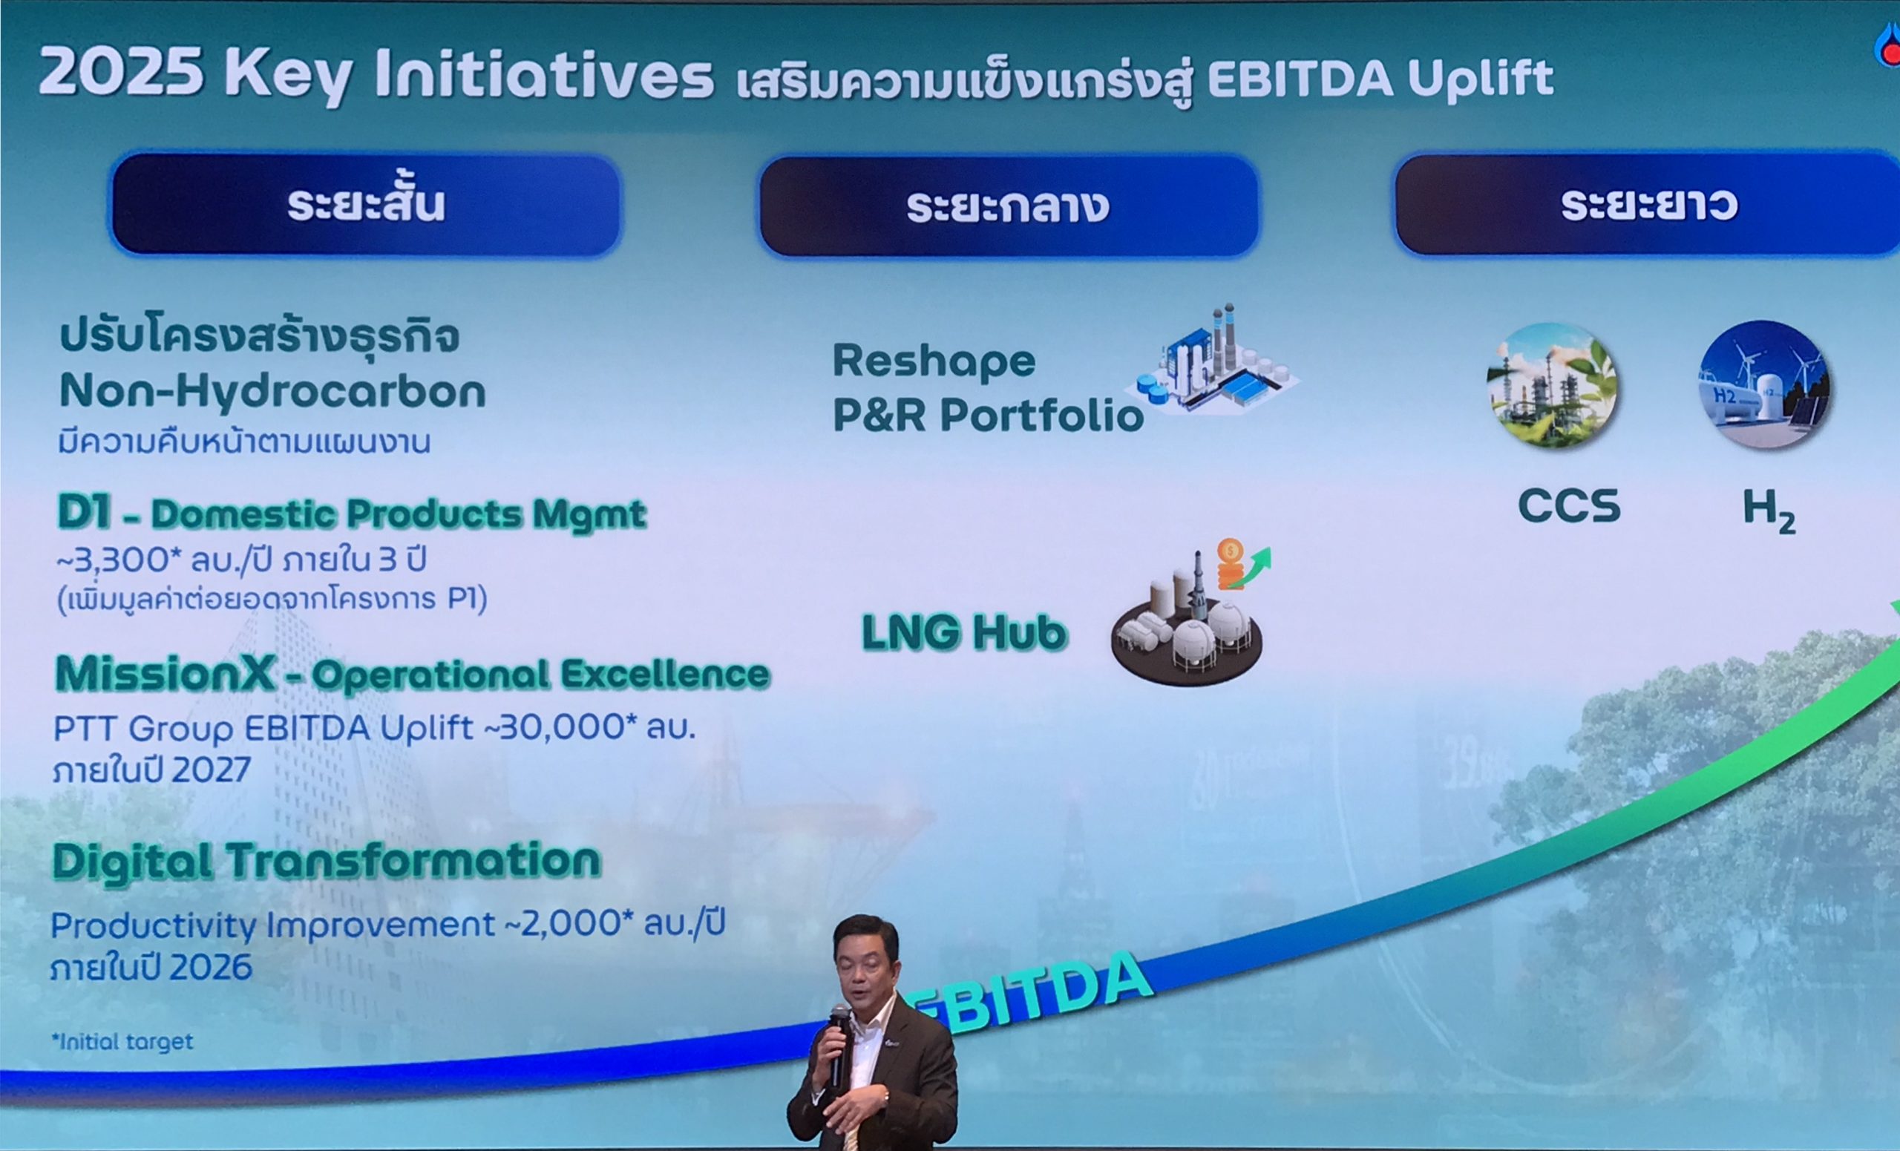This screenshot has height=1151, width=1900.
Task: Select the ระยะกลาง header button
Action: [1009, 206]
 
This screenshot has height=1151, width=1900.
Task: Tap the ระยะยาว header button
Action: [1648, 205]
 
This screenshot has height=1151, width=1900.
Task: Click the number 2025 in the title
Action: [121, 73]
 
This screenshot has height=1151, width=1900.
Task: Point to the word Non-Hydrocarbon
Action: [272, 392]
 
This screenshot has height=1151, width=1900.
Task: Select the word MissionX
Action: [165, 674]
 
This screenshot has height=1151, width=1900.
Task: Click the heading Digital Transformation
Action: [326, 861]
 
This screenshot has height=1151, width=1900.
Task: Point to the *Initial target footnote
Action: [122, 1041]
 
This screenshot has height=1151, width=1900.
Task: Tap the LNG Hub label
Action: [964, 633]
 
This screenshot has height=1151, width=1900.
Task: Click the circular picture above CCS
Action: [1551, 385]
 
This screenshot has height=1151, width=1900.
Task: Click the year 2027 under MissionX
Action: [212, 770]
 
